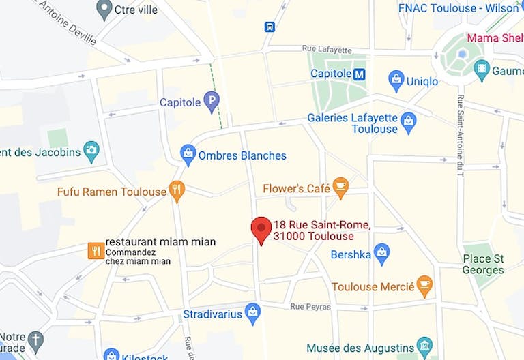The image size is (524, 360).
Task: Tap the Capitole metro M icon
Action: coord(360,74)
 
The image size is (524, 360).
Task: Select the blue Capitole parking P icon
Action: coord(212,102)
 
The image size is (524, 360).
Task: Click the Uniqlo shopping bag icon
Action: coord(396,80)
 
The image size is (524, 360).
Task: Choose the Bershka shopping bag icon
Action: coord(382,254)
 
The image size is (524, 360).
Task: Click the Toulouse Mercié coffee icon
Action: coord(424,286)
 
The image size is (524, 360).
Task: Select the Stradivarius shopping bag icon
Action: coord(252,314)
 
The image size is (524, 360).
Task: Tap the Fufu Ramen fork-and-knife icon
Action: coord(177,192)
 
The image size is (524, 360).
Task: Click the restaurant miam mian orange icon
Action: coord(96,251)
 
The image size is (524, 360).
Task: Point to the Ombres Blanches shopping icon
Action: coord(188,155)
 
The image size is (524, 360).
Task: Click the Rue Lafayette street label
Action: coord(326,50)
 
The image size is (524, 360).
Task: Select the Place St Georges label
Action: coord(483,264)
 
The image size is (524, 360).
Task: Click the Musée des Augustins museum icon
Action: coord(424,347)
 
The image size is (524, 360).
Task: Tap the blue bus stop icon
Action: coord(270,27)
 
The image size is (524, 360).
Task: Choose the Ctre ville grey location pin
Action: coord(104,10)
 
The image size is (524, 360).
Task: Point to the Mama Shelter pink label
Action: coord(495,37)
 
